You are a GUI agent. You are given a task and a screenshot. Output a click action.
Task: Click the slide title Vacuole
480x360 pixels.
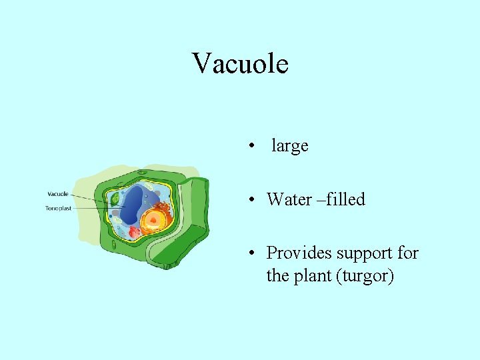[x=240, y=63]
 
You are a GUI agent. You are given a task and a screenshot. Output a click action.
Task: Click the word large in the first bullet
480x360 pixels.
[x=289, y=145]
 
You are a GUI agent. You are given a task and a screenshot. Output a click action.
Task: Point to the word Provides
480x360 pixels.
[x=299, y=253]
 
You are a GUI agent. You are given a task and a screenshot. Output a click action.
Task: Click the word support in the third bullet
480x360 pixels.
[x=366, y=253]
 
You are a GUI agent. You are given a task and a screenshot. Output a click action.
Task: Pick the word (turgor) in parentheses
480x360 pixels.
[x=366, y=275]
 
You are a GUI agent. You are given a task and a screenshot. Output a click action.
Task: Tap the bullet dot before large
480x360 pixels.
[x=250, y=146]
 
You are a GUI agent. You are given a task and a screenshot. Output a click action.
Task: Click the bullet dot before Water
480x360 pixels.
[x=250, y=199]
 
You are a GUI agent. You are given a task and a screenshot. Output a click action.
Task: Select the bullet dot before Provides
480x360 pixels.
[x=250, y=253]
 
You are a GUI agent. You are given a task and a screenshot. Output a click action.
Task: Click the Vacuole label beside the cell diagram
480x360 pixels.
[x=57, y=194]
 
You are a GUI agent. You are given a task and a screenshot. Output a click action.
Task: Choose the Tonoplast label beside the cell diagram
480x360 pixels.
[x=58, y=208]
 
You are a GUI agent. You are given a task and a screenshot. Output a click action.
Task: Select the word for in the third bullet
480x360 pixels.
[x=407, y=253]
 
